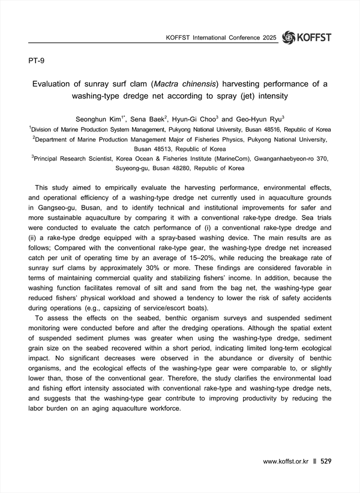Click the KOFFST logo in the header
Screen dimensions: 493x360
click(x=306, y=37)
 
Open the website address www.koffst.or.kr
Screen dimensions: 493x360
click(x=286, y=462)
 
